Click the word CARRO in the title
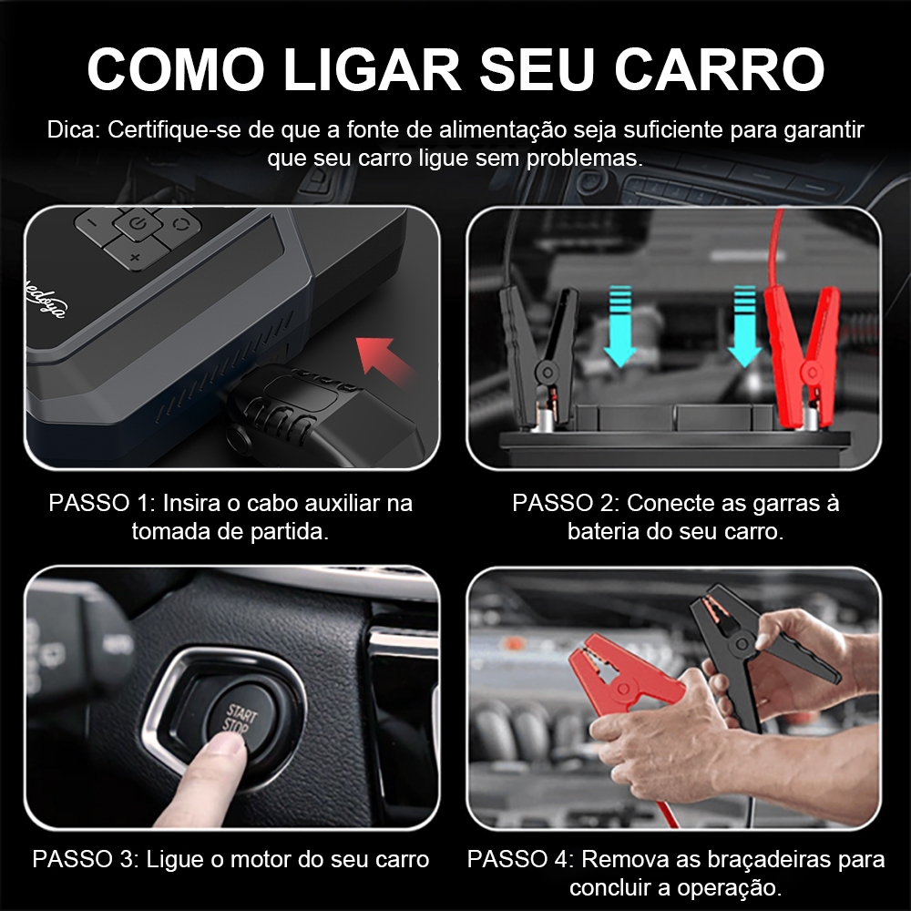(720, 68)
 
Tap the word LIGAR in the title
(372, 68)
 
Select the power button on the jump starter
(138, 223)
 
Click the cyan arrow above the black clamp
(619, 326)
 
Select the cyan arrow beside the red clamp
(744, 326)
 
